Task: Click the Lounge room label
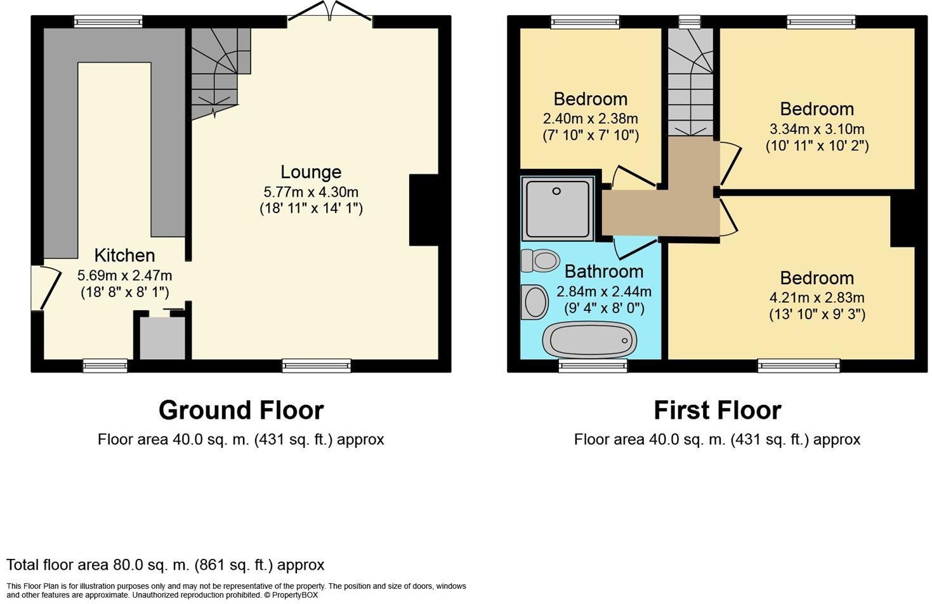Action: click(311, 172)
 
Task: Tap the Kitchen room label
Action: click(124, 256)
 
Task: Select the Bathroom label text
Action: click(603, 272)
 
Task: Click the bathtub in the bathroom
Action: click(589, 339)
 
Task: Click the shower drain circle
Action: click(556, 191)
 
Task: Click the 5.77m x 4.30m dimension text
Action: click(311, 192)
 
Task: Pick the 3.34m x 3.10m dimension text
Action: click(817, 129)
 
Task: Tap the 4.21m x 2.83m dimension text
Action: click(817, 298)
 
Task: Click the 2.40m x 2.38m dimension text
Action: click(590, 119)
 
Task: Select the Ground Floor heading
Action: click(241, 410)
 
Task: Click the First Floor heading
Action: click(717, 410)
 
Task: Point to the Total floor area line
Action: click(166, 565)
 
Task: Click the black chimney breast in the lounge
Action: click(424, 210)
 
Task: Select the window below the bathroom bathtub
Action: click(593, 365)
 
